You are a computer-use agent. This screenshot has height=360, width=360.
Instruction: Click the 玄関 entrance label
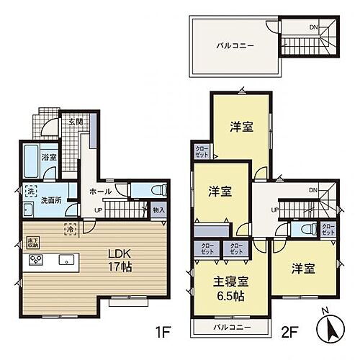tap(75, 122)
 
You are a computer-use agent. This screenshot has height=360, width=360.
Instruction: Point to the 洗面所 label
tap(50, 199)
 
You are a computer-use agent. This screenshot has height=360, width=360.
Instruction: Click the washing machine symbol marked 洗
tap(30, 191)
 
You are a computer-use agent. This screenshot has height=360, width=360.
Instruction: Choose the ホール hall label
tap(100, 192)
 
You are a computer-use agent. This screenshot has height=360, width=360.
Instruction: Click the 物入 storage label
tap(159, 210)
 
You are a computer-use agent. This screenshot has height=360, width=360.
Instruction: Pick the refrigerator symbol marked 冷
tap(71, 229)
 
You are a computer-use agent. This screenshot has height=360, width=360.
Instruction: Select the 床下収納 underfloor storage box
tap(33, 243)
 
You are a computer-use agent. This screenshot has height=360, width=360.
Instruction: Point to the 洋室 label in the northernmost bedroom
tap(241, 127)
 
